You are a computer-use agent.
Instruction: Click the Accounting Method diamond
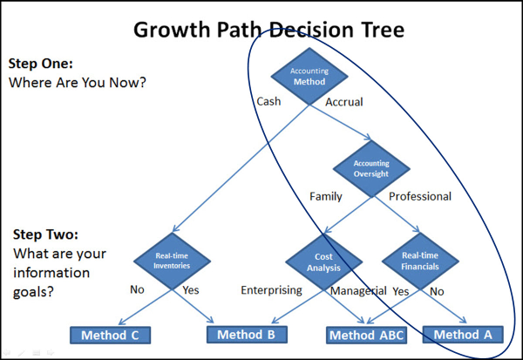[x=309, y=77]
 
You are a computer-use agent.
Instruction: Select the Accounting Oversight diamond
[x=371, y=168]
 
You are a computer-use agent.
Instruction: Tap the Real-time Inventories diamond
[x=172, y=261]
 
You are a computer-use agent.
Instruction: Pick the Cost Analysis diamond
[x=324, y=262]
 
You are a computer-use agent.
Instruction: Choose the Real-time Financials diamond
[x=420, y=261]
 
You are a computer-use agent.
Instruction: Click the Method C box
[x=110, y=335]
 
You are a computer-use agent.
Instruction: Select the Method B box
[x=247, y=335]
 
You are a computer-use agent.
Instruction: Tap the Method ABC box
[x=367, y=335]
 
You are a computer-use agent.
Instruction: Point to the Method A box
[x=463, y=335]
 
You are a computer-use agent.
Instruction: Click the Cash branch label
[x=268, y=101]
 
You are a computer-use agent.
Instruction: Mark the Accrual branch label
[x=344, y=102]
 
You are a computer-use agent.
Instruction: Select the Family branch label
[x=326, y=196]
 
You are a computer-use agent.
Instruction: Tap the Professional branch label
[x=420, y=196]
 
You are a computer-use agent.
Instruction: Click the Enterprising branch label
[x=271, y=290]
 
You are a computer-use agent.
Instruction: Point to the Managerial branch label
[x=358, y=291]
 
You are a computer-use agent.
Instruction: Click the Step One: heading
[x=41, y=64]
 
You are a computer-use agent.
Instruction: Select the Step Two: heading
[x=45, y=234]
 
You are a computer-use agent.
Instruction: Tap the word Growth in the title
[x=172, y=30]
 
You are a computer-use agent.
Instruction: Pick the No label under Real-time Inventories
[x=137, y=289]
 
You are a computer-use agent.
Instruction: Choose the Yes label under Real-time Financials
[x=401, y=291]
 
